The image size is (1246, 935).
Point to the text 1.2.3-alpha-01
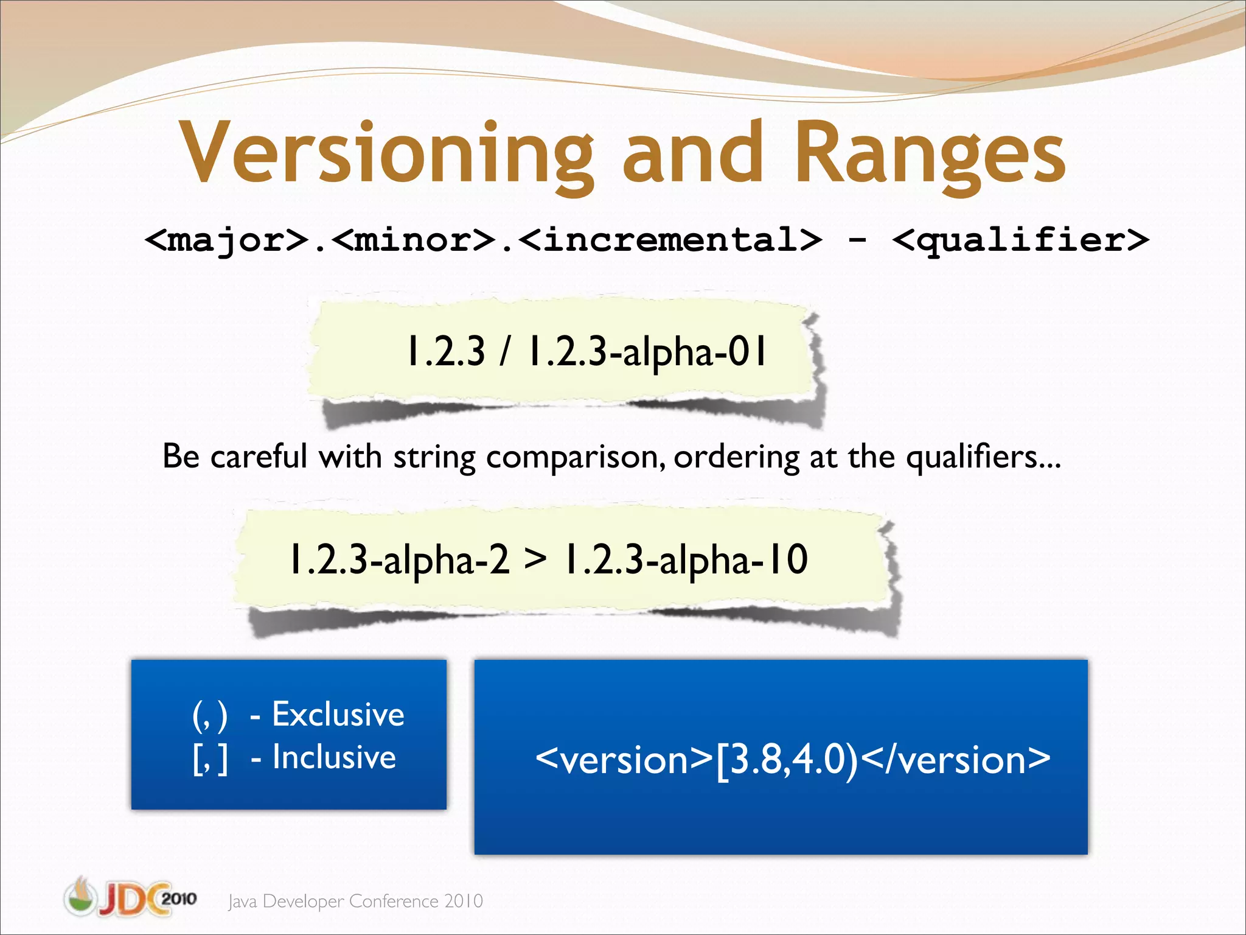click(647, 351)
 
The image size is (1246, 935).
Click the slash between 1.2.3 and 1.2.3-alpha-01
click(504, 351)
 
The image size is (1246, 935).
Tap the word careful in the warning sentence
click(259, 456)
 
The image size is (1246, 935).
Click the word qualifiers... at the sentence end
click(983, 456)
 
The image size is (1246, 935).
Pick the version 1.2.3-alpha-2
click(399, 559)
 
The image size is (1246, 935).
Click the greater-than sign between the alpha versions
click(535, 559)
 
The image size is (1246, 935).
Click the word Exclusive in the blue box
click(338, 714)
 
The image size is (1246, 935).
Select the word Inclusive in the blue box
click(334, 757)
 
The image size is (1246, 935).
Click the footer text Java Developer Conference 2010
click(355, 901)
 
